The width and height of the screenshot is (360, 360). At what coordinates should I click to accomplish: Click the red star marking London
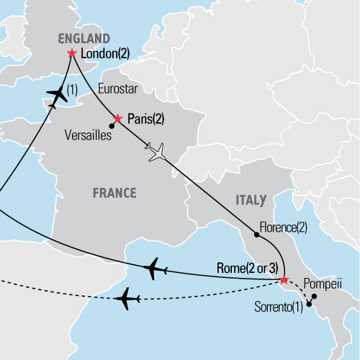tap(71, 53)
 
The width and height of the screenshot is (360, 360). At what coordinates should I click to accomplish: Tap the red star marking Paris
tap(118, 118)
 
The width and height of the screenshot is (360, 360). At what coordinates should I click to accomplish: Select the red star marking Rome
tap(284, 279)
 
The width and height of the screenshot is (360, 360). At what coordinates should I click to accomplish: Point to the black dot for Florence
tap(256, 235)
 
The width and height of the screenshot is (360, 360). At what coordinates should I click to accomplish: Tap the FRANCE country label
tap(114, 192)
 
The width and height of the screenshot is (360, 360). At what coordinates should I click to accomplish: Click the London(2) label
tap(104, 53)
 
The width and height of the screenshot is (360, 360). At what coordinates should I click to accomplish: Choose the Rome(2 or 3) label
tap(248, 269)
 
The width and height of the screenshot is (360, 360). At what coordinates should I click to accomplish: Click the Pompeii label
tap(321, 284)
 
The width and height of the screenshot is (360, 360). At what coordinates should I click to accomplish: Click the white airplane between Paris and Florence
tap(156, 152)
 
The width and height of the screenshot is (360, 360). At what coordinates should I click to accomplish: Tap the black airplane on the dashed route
tap(130, 297)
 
